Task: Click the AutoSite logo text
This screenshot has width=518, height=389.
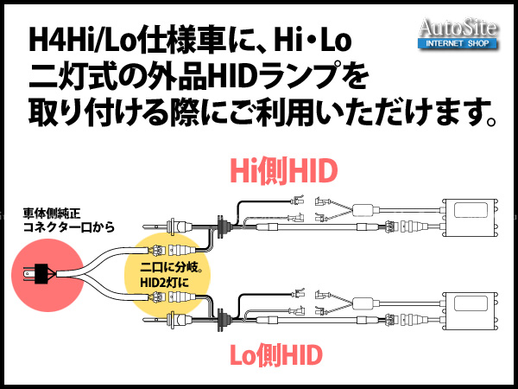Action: tap(458, 28)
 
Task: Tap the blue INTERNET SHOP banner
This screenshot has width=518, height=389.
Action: tap(458, 43)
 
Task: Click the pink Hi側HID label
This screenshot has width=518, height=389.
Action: tap(283, 171)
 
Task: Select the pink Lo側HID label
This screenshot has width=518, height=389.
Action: tap(276, 355)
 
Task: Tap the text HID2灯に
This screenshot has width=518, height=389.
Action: tap(164, 283)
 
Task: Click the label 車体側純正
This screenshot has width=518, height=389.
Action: tap(52, 214)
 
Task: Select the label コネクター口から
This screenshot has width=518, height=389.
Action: tap(69, 227)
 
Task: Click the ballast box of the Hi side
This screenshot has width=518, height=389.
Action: tap(471, 218)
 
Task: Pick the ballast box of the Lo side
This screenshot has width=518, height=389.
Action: tap(471, 311)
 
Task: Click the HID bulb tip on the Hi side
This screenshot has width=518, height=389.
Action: tap(145, 226)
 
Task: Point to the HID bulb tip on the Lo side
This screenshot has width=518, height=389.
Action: tap(145, 320)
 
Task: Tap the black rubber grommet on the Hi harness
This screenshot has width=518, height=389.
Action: tap(221, 226)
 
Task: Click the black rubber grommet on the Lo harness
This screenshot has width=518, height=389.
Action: tap(221, 320)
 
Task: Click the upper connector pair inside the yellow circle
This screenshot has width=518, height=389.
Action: tap(169, 250)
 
